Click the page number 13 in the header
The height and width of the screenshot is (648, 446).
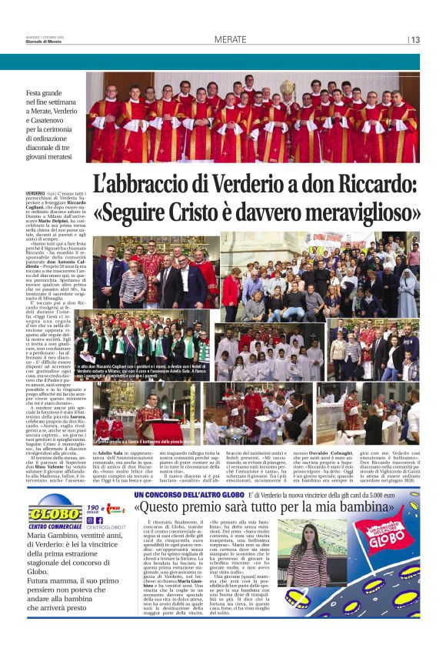coord(415,39)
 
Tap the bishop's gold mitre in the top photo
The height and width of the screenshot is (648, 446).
coord(286,87)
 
